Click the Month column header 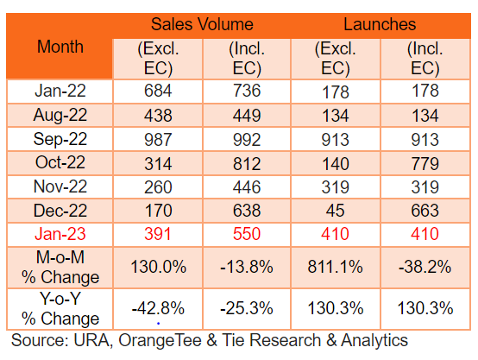point(60,47)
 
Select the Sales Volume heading point(202,24)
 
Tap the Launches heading point(380,24)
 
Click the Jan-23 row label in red point(60,234)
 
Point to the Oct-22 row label point(60,162)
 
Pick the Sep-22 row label point(60,139)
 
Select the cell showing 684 point(158,91)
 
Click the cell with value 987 point(158,139)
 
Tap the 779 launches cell point(425,163)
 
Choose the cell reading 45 point(335,211)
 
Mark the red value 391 point(157,234)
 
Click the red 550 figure point(247,234)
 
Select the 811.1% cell point(335,267)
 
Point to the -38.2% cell point(425,267)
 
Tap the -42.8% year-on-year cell point(158,308)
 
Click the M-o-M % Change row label point(60,268)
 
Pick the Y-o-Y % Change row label point(60,309)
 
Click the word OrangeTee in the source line point(160,340)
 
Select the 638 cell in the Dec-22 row point(247,211)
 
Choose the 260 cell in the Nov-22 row point(158,187)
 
